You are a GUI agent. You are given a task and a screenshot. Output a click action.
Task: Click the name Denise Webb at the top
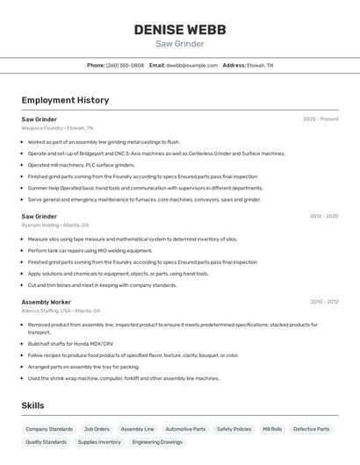click(x=180, y=30)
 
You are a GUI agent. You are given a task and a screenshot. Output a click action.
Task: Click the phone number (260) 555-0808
click(x=125, y=65)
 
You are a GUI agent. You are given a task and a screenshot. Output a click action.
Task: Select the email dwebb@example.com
click(x=192, y=65)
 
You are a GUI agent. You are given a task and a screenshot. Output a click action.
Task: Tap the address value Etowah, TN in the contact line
click(x=260, y=65)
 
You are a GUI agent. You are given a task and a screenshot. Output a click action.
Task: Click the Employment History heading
click(x=65, y=100)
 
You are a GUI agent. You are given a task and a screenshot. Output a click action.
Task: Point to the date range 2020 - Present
click(x=320, y=119)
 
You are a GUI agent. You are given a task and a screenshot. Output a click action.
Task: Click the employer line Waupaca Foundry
click(x=57, y=128)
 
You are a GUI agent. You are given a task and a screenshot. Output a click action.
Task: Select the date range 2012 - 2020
click(x=323, y=216)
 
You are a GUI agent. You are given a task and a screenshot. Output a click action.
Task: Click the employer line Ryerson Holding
click(x=55, y=225)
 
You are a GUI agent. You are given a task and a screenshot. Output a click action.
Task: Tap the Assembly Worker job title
click(x=47, y=302)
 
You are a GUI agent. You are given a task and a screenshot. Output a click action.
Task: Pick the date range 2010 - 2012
click(x=324, y=302)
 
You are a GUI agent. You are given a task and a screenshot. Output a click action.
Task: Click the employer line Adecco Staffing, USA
click(x=61, y=311)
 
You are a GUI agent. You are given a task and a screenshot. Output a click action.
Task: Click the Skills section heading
click(x=32, y=405)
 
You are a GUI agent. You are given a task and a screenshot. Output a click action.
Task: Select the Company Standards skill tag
click(x=49, y=429)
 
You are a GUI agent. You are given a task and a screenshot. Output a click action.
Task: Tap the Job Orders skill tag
click(x=97, y=429)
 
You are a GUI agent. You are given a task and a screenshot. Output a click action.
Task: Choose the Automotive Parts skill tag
click(x=185, y=429)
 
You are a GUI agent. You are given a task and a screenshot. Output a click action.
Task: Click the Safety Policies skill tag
click(x=234, y=429)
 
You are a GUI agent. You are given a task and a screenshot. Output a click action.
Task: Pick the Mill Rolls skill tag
click(x=272, y=429)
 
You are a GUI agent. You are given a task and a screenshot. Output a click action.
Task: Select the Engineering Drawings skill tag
click(x=158, y=442)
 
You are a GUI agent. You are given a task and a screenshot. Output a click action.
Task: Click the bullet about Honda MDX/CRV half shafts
click(x=71, y=344)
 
